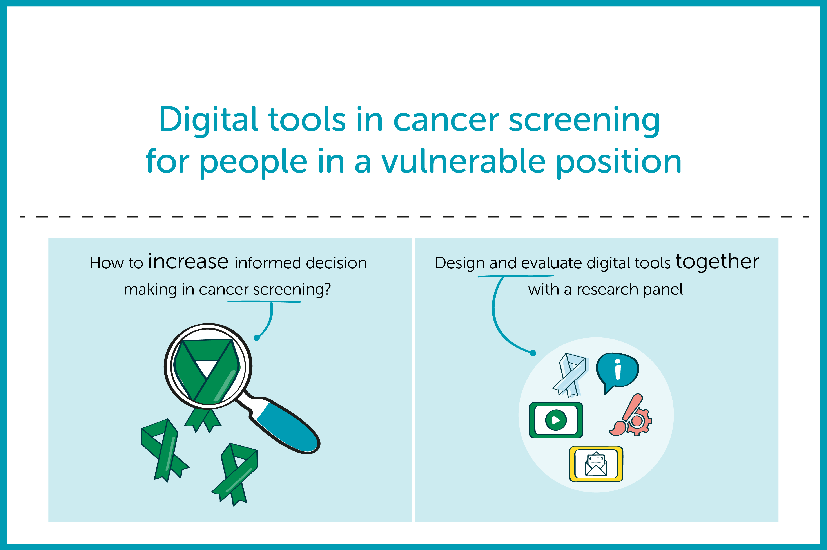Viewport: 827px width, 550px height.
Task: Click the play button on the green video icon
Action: click(556, 420)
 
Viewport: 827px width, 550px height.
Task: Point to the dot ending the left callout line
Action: click(257, 338)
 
